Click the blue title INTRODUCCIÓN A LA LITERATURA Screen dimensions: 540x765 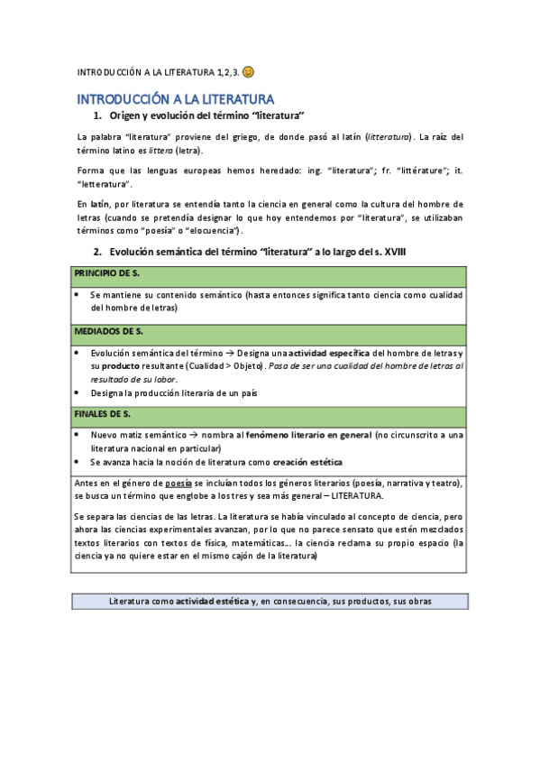point(175,98)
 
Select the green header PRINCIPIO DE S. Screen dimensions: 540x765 point(107,272)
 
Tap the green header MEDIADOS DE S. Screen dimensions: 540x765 point(109,332)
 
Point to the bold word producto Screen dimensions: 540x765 point(121,367)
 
